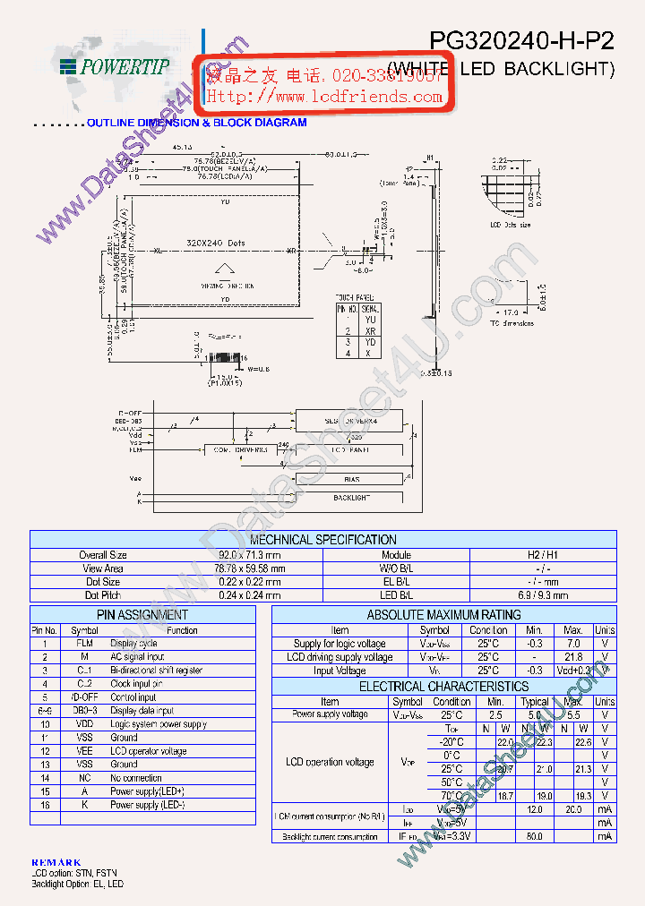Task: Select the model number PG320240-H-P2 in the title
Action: click(521, 41)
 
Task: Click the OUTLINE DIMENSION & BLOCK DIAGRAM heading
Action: click(197, 123)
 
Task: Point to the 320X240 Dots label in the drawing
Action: click(215, 243)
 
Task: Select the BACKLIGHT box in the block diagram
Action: click(351, 497)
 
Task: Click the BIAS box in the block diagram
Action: click(351, 479)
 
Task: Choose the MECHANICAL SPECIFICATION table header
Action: click(322, 540)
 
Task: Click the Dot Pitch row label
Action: click(104, 595)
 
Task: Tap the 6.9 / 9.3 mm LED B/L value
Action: click(543, 595)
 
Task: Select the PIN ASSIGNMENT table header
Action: click(142, 615)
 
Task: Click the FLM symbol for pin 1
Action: click(83, 644)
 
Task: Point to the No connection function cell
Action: click(136, 778)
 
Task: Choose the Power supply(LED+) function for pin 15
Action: click(148, 791)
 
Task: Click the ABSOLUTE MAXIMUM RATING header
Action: click(443, 615)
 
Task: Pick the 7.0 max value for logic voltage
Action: click(573, 644)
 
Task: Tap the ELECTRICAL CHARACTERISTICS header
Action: click(443, 687)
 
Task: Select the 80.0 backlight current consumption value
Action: click(536, 836)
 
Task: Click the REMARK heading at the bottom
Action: click(56, 861)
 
